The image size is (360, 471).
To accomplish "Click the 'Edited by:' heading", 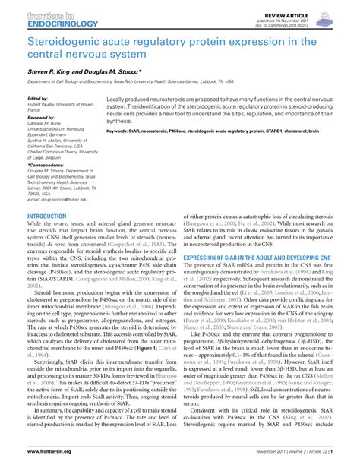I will click(x=37, y=99).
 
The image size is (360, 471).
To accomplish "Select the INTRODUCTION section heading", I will click(x=46, y=216).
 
